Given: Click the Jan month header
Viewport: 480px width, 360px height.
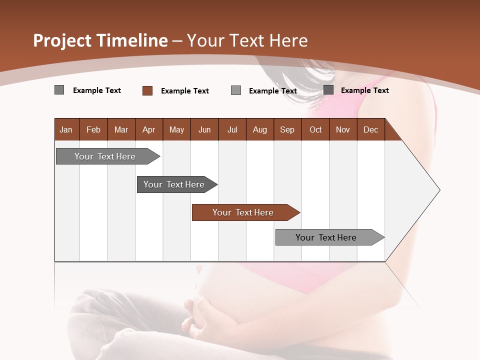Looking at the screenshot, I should [x=66, y=129].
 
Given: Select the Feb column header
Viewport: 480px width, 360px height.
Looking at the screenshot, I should [x=93, y=129].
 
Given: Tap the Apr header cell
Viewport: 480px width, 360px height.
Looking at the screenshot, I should [x=148, y=129].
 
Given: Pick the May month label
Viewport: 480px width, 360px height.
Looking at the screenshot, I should [x=176, y=129].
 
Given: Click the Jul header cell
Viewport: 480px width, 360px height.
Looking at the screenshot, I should [x=232, y=129].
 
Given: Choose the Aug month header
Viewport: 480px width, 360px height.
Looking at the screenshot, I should [x=259, y=129].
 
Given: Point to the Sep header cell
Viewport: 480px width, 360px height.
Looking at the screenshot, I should [x=287, y=129].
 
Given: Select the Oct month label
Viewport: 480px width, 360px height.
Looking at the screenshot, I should [x=315, y=129].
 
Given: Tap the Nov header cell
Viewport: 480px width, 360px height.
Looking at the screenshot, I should [x=343, y=129].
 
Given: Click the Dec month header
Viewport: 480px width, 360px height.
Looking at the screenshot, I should [x=370, y=129].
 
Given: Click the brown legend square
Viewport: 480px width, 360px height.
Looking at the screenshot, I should [x=147, y=90].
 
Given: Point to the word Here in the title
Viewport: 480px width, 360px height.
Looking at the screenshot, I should [x=288, y=40].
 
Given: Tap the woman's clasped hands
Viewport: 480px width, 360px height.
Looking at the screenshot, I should [x=200, y=315].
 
